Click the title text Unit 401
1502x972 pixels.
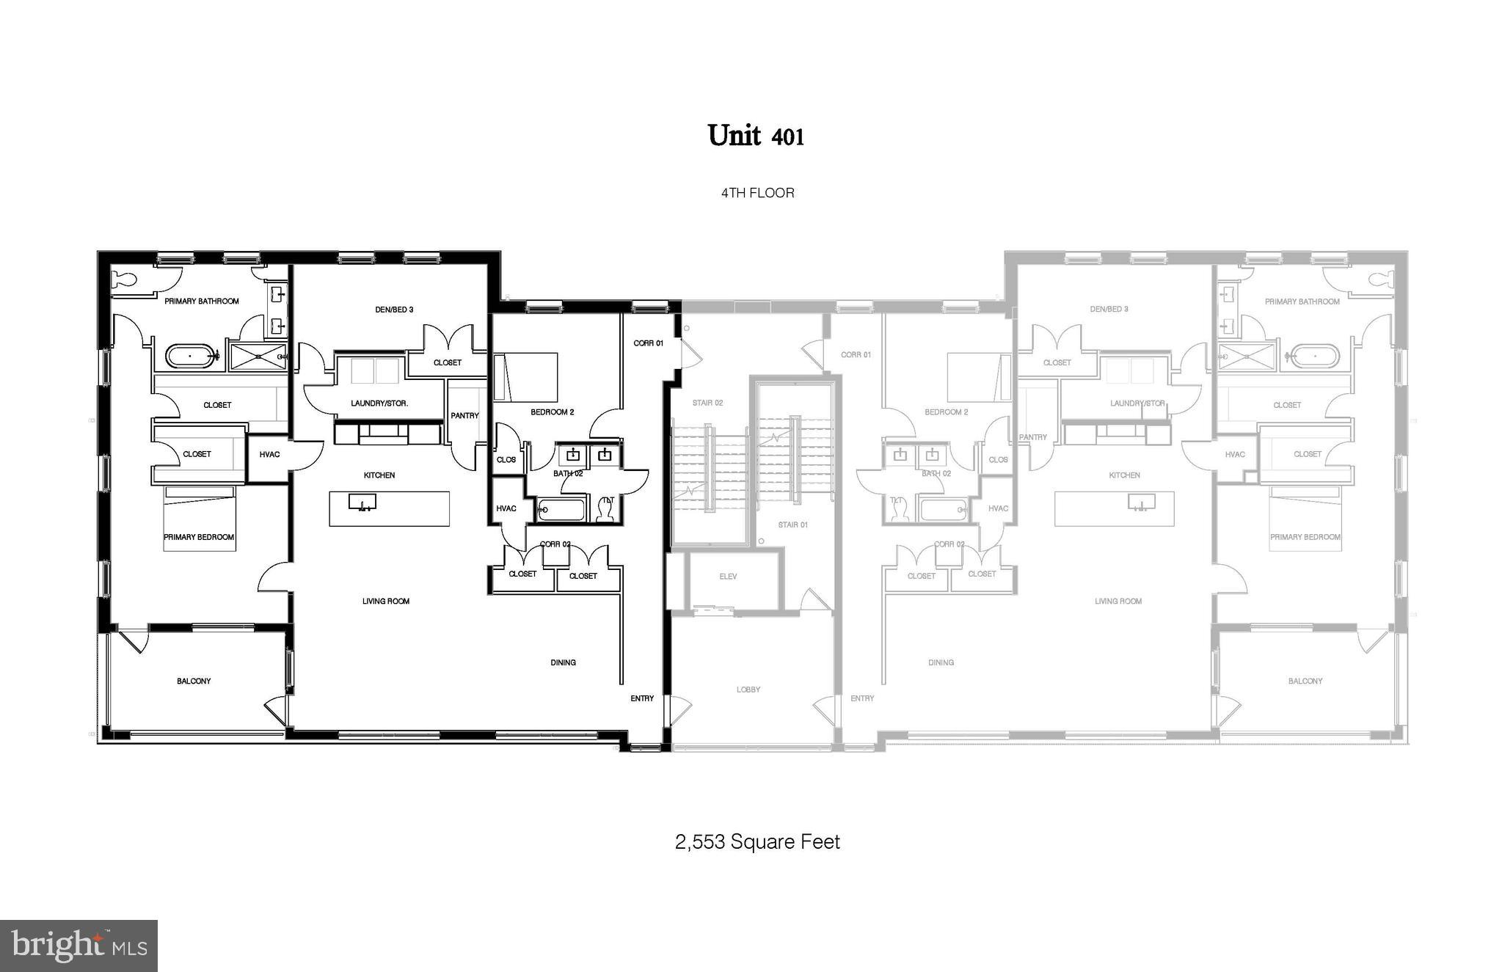point(756,136)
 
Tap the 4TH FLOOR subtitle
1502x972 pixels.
point(757,193)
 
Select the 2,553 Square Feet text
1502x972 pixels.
point(757,841)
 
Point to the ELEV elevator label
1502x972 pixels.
point(728,577)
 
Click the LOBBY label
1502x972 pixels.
point(748,690)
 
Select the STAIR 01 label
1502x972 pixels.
point(792,525)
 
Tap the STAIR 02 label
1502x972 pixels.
point(707,403)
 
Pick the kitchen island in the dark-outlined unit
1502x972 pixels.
point(389,508)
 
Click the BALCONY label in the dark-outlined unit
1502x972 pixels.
point(194,681)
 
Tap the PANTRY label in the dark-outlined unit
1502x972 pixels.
point(464,415)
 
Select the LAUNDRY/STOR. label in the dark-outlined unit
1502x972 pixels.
point(379,403)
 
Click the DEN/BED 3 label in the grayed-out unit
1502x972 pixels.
point(1109,309)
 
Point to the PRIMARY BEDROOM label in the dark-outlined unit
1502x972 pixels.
point(199,537)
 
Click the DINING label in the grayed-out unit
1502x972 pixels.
point(941,662)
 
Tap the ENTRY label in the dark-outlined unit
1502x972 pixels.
point(642,698)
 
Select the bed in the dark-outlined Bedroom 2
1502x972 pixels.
point(525,377)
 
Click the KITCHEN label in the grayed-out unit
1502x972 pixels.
point(1124,475)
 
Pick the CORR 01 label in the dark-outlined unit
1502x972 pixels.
point(649,343)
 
